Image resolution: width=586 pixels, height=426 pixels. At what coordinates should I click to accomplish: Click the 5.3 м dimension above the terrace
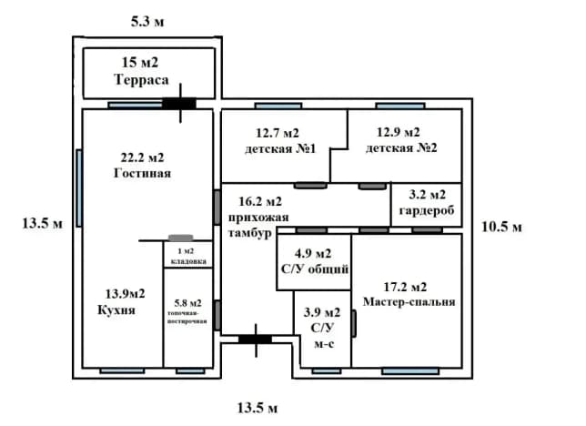[147, 22]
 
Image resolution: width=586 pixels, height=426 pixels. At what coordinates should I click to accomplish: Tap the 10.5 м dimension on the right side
[501, 227]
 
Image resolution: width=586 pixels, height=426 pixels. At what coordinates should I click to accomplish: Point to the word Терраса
[141, 80]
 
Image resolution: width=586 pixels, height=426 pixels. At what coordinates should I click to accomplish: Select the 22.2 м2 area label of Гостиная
[142, 157]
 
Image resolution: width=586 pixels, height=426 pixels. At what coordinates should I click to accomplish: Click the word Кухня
[116, 310]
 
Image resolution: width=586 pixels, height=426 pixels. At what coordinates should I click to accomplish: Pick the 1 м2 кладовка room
[188, 255]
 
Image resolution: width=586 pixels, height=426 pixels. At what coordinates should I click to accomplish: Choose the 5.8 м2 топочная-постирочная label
[187, 311]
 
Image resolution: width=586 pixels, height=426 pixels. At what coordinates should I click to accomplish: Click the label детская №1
[280, 149]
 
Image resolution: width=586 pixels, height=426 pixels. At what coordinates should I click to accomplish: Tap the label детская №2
[401, 148]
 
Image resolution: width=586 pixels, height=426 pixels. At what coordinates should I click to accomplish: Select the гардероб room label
[427, 210]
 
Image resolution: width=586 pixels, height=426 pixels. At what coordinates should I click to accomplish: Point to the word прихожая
[258, 218]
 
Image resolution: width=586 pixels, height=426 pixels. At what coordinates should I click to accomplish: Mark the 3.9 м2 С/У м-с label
[322, 328]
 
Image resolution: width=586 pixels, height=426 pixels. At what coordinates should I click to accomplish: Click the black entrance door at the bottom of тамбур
[256, 340]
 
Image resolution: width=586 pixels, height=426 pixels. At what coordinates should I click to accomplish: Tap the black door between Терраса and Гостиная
[179, 104]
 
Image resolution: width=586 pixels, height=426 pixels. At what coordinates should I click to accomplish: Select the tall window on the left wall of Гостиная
[79, 188]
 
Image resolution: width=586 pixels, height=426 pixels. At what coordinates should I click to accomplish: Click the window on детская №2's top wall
[400, 106]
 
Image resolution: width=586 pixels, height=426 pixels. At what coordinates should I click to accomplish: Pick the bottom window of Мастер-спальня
[410, 371]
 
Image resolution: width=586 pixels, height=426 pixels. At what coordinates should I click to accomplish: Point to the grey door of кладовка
[181, 238]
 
